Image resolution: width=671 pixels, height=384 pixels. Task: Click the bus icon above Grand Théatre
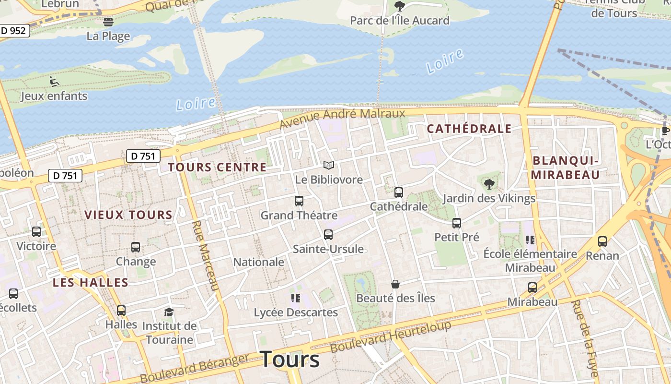299,201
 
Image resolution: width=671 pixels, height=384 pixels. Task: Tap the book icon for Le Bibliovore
328,166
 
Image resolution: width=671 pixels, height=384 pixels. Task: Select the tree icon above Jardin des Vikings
489,184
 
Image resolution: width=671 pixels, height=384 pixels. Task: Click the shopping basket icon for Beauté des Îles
395,284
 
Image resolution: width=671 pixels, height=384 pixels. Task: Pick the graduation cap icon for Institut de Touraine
169,312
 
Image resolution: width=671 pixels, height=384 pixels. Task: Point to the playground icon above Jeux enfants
55,82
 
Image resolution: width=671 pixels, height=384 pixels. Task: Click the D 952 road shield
13,31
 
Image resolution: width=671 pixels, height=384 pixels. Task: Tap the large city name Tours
289,359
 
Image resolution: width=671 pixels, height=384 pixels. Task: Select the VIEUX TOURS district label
128,215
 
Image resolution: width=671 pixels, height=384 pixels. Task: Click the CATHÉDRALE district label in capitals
469,129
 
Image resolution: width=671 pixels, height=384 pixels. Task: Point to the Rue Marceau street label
205,255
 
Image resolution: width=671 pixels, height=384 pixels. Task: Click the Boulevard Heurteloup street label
391,336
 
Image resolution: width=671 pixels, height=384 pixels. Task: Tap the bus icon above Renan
602,241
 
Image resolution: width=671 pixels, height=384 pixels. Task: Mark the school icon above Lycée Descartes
295,299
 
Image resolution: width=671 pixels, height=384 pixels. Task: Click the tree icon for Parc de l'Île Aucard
399,6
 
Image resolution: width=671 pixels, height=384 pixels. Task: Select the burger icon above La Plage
108,22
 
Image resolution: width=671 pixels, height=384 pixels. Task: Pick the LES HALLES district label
91,283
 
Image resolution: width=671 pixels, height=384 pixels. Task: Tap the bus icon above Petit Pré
457,223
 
